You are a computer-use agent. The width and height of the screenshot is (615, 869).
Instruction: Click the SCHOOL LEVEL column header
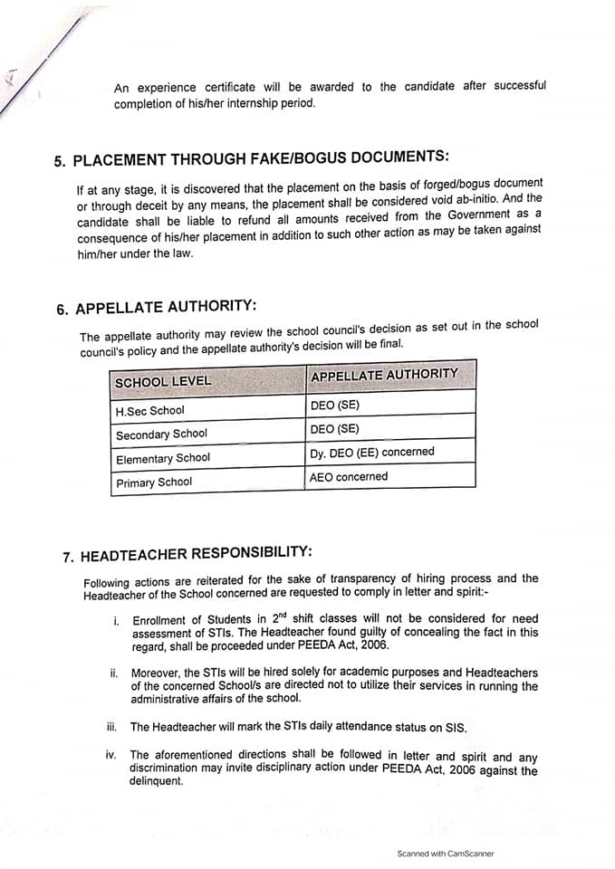(x=163, y=381)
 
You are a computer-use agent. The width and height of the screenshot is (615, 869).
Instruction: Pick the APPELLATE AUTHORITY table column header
(x=384, y=375)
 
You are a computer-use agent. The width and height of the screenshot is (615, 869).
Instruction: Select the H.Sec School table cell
(x=149, y=410)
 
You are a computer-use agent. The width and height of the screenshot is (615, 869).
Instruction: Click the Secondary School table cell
(x=161, y=434)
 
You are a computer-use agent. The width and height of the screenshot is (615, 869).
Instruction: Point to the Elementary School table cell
(x=163, y=459)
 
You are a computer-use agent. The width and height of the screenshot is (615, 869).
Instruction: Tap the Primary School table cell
(x=154, y=482)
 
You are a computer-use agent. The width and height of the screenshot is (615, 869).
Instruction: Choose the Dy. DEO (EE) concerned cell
(x=372, y=452)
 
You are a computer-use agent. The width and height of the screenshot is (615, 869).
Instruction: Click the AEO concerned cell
(x=349, y=476)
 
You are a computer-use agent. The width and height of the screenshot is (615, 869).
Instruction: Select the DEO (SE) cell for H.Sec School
(x=334, y=405)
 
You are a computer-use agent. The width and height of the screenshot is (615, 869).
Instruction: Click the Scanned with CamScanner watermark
(x=446, y=853)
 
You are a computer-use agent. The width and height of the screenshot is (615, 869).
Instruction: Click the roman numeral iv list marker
(x=111, y=754)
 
